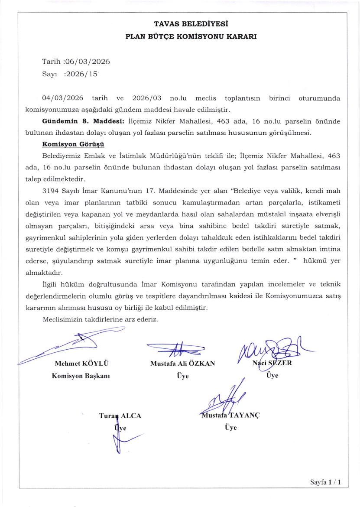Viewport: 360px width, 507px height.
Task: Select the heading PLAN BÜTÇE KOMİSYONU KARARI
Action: coord(191,37)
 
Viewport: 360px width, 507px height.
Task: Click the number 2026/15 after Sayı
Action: coord(82,74)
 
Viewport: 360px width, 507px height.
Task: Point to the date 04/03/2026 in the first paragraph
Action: coord(62,98)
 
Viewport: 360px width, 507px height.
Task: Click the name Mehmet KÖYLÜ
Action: coord(81,364)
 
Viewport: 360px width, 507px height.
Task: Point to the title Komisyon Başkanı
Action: coord(81,376)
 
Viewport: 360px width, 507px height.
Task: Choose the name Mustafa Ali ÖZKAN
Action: coord(182,364)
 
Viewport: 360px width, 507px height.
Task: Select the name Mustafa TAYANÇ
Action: coord(231,415)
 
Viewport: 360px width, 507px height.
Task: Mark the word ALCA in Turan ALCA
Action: coord(131,416)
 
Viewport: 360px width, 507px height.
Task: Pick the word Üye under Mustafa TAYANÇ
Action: coord(231,428)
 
